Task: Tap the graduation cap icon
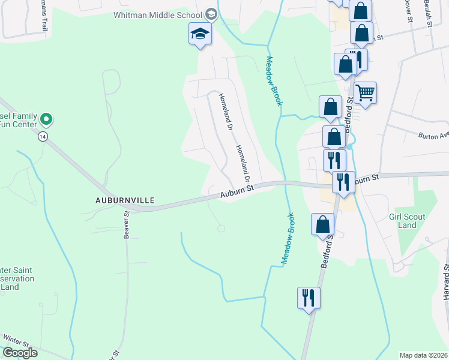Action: click(x=200, y=35)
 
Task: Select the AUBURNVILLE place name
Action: click(x=124, y=199)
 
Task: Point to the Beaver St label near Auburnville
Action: click(x=127, y=225)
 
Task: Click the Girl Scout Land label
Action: click(x=407, y=221)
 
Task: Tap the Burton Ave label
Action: click(x=433, y=136)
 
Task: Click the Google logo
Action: click(x=20, y=353)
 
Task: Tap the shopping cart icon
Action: click(x=365, y=93)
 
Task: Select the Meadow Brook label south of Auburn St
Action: click(x=288, y=238)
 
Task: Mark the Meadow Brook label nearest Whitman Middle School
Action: click(x=274, y=81)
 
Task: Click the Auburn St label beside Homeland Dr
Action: click(x=238, y=190)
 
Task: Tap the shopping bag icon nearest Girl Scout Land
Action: click(x=322, y=224)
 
